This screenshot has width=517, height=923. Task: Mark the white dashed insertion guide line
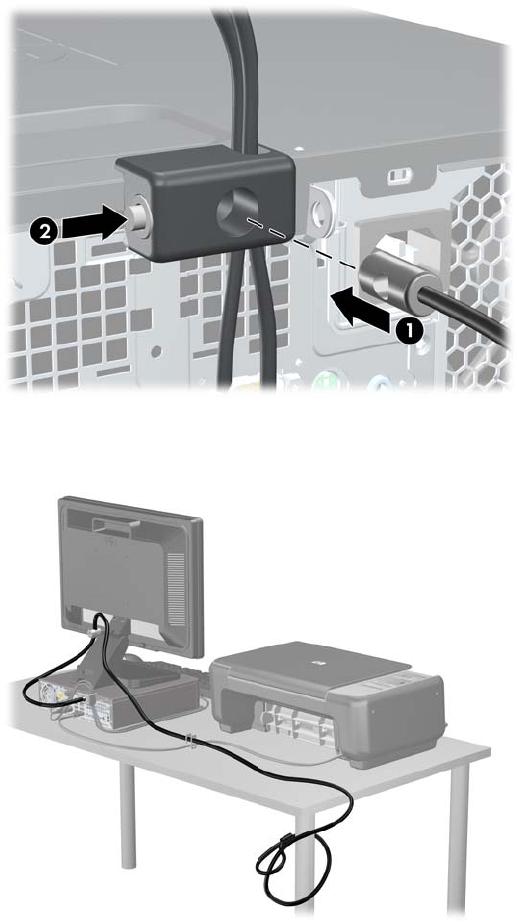click(301, 244)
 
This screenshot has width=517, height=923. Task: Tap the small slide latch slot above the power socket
click(398, 175)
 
